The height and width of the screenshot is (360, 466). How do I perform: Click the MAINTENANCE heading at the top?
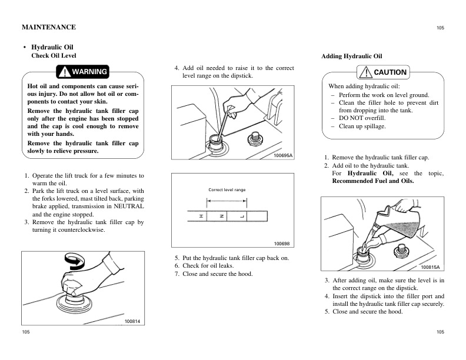click(x=49, y=27)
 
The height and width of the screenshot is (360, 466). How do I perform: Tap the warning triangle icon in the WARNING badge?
click(x=65, y=72)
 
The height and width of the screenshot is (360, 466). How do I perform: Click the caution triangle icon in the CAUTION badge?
click(x=366, y=72)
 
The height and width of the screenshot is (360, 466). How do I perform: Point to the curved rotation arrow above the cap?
click(x=75, y=261)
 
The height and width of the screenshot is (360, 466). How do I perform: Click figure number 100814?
click(x=132, y=321)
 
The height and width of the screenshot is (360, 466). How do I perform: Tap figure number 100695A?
click(x=283, y=155)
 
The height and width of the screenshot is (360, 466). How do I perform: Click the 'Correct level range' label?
click(x=227, y=190)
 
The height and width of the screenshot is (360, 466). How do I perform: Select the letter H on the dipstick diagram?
click(x=201, y=216)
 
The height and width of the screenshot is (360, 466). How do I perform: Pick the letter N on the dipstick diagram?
click(x=222, y=216)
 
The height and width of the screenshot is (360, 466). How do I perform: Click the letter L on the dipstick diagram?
click(x=242, y=216)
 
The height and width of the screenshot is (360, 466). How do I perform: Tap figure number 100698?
click(x=282, y=244)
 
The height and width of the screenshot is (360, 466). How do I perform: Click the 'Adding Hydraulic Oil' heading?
click(x=352, y=56)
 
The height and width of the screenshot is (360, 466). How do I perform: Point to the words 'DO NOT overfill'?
click(x=362, y=118)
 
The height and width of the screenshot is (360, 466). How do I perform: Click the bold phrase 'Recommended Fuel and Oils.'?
click(x=373, y=181)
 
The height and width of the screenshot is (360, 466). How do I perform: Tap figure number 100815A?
click(x=430, y=267)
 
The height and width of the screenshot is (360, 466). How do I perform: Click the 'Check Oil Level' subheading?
click(x=54, y=55)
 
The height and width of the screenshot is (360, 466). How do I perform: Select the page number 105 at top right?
click(x=441, y=28)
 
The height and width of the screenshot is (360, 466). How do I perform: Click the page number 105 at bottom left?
click(x=26, y=332)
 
